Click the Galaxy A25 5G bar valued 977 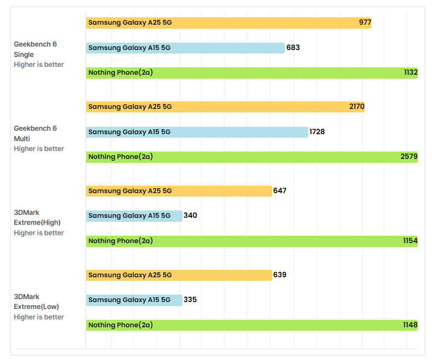point(228,23)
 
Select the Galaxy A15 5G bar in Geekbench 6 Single point(185,48)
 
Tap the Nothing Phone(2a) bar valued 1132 point(252,73)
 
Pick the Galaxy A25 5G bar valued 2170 point(225,107)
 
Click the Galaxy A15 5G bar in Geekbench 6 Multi point(197,132)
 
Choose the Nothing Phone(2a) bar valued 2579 point(252,157)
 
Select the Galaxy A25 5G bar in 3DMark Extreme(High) point(179,191)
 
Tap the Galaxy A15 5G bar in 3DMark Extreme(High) point(134,216)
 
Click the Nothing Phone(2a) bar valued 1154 point(252,241)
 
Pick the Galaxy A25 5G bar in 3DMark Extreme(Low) point(179,275)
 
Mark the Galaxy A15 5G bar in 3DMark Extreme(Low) point(134,300)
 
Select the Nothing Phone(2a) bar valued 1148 point(252,325)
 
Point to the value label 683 point(293,48)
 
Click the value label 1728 point(317,132)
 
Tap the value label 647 point(280,191)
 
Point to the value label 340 point(190,216)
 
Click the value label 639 point(280,275)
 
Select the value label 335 point(190,300)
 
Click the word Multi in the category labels point(22,139)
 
